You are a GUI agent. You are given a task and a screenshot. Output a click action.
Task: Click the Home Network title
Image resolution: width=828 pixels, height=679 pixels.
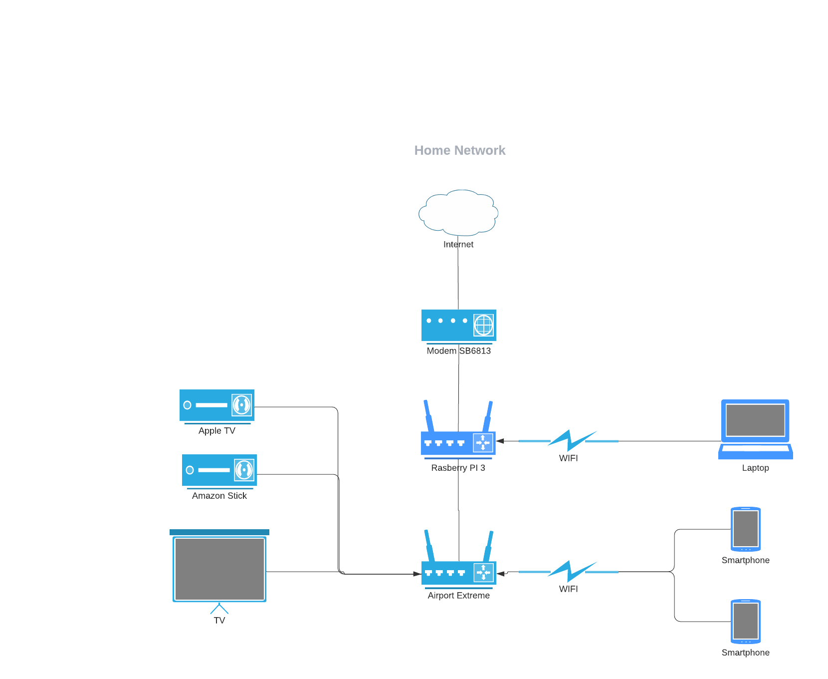459,150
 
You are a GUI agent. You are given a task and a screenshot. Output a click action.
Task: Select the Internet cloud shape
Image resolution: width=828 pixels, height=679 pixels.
458,213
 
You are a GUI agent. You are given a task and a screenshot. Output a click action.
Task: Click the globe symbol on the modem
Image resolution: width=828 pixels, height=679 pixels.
483,326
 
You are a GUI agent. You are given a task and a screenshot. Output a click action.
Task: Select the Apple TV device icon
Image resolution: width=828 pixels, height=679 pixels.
217,406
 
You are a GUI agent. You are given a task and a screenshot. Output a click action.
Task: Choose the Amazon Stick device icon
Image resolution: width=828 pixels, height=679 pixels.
219,471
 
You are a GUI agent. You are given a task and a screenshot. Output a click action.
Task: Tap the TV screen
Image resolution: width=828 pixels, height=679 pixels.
219,569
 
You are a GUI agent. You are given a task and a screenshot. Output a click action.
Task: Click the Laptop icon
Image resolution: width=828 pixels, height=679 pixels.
756,429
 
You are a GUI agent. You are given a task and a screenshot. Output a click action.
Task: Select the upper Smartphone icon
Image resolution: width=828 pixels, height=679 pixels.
746,529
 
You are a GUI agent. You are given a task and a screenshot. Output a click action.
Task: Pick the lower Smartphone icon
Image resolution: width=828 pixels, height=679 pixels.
746,622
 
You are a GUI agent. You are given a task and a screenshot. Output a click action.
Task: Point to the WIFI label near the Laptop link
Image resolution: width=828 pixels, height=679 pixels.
569,458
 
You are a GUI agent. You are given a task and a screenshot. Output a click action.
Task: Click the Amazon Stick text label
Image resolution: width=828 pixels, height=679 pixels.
219,496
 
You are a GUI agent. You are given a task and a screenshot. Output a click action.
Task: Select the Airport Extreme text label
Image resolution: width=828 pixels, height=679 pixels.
459,596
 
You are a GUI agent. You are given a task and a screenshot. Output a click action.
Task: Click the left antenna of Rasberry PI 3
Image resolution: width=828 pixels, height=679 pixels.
428,416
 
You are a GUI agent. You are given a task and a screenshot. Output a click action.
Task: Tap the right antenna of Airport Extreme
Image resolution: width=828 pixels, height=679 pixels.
488,546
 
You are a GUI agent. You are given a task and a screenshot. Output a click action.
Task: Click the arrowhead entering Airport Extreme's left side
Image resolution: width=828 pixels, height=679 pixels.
417,574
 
